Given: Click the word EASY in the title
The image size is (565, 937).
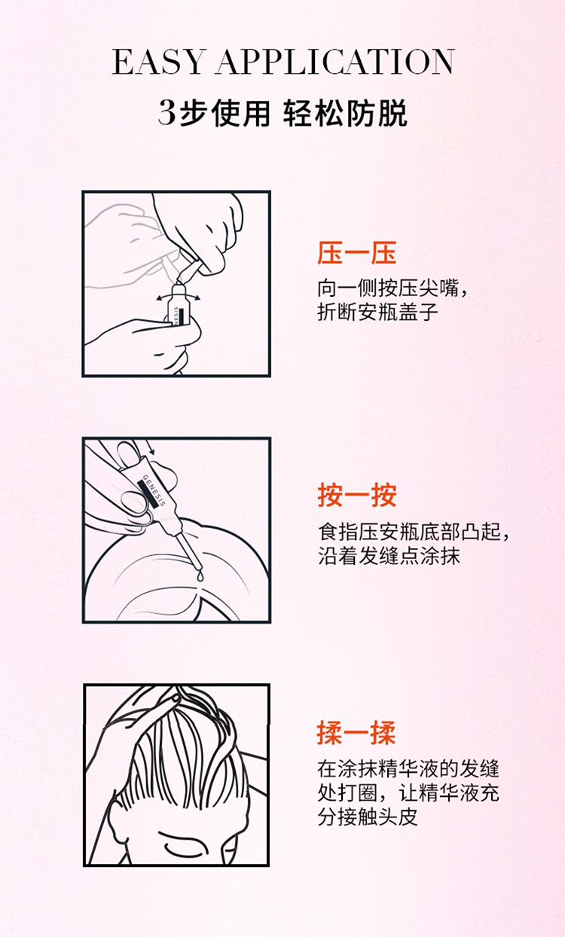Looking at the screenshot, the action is point(159,62).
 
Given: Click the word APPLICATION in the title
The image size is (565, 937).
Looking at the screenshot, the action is point(335,62).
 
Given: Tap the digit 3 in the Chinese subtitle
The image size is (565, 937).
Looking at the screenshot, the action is point(167,113).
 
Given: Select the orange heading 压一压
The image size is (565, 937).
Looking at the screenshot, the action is point(356,253).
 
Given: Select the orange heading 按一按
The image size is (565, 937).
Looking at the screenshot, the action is point(356,496).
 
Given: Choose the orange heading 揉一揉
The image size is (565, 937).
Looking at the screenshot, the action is point(356,733).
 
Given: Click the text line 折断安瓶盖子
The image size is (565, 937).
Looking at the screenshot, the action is point(377,312).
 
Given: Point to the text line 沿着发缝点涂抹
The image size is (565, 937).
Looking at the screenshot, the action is point(389,556).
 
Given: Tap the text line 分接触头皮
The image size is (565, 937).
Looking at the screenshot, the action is point(368,817).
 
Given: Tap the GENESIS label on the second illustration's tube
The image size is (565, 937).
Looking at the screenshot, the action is point(154,490).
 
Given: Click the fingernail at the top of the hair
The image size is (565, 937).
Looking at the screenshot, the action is point(176,697).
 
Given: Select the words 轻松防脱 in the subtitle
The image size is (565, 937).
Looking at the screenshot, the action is point(345,114).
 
